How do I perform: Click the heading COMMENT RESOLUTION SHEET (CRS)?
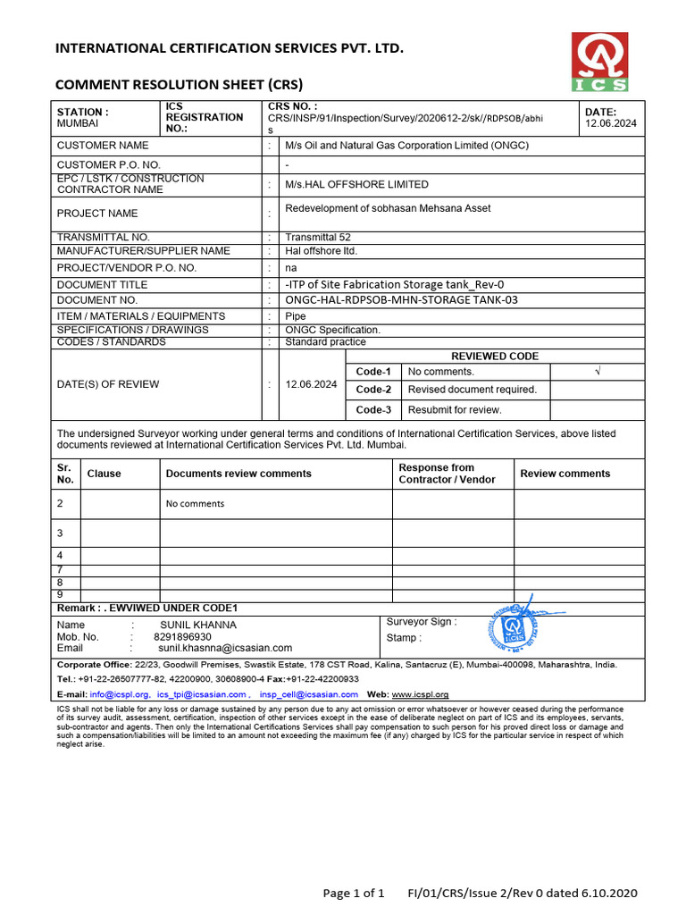pyautogui.click(x=179, y=85)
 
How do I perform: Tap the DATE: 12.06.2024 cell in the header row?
pyautogui.click(x=611, y=118)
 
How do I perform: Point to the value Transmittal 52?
pyautogui.click(x=311, y=237)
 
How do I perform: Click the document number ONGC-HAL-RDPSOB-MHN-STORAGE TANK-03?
pyautogui.click(x=401, y=300)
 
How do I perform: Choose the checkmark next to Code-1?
pyautogui.click(x=596, y=371)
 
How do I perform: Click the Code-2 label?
pyautogui.click(x=373, y=390)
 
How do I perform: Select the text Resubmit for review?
pyautogui.click(x=455, y=410)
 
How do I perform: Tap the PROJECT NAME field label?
pyautogui.click(x=97, y=214)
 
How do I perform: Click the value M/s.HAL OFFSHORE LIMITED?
pyautogui.click(x=344, y=184)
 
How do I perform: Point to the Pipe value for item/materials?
pyautogui.click(x=295, y=316)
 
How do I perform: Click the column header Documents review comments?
pyautogui.click(x=238, y=474)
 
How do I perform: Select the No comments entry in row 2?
pyautogui.click(x=195, y=504)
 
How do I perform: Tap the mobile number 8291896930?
pyautogui.click(x=182, y=637)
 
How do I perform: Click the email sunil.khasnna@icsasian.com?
pyautogui.click(x=225, y=648)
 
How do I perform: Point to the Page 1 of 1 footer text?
pyautogui.click(x=354, y=893)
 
